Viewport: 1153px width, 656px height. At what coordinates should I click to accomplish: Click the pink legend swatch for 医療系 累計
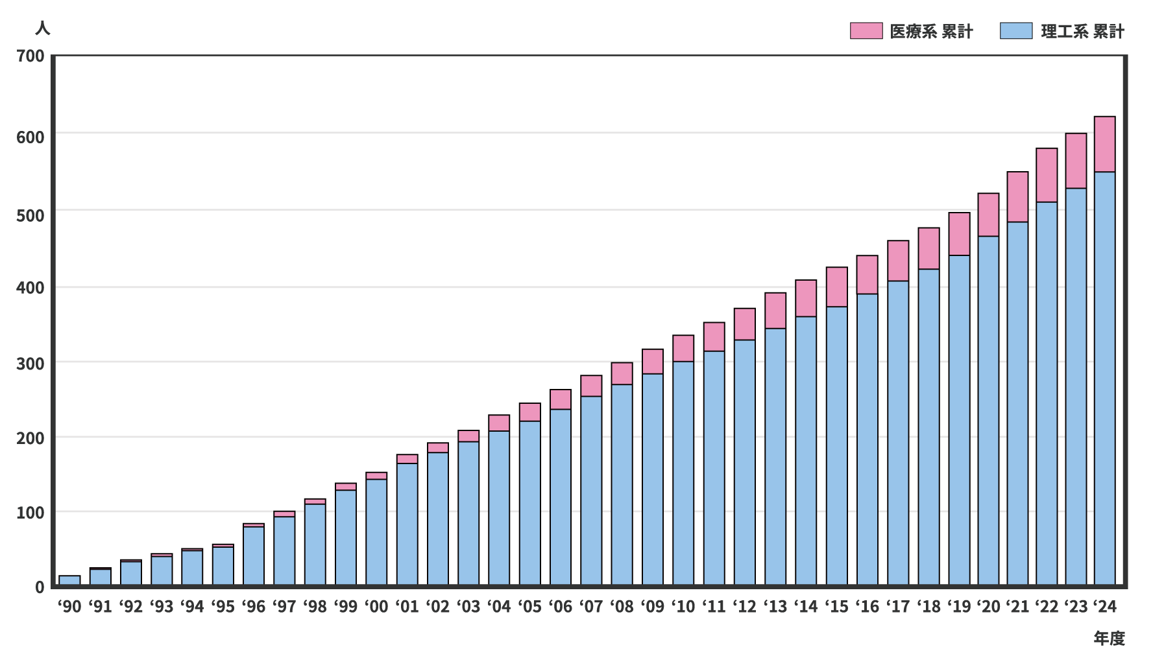pos(866,31)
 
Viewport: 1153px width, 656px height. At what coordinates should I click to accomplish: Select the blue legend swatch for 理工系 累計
pos(1016,31)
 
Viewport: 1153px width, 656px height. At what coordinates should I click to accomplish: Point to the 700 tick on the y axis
pos(30,56)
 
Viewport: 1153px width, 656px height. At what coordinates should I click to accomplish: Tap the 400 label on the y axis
pos(30,287)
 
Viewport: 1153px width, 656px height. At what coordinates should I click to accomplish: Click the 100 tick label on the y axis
pos(30,513)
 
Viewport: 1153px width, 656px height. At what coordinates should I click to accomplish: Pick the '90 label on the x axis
pos(69,607)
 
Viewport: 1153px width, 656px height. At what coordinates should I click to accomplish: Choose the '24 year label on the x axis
pos(1104,607)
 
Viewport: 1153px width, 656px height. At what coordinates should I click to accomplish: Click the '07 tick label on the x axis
pos(591,607)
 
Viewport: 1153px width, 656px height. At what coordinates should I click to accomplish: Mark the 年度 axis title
pos(1109,638)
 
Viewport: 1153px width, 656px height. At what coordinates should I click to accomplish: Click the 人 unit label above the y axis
pos(42,28)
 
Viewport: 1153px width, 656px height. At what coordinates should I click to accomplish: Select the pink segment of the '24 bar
pos(1104,145)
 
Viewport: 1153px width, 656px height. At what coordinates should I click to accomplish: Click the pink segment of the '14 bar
pos(806,298)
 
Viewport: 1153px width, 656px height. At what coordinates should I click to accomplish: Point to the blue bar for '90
pos(69,580)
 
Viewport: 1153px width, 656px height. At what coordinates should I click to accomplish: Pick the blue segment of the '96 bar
pos(254,556)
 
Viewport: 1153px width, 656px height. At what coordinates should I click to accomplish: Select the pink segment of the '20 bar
pos(988,215)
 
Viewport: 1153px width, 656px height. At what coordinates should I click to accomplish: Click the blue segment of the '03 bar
pos(468,513)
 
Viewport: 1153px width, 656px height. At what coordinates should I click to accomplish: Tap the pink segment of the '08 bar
pos(622,373)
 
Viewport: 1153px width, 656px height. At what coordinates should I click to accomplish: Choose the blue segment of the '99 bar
pos(346,537)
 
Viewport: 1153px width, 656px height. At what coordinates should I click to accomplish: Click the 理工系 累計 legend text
pos(1082,31)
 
